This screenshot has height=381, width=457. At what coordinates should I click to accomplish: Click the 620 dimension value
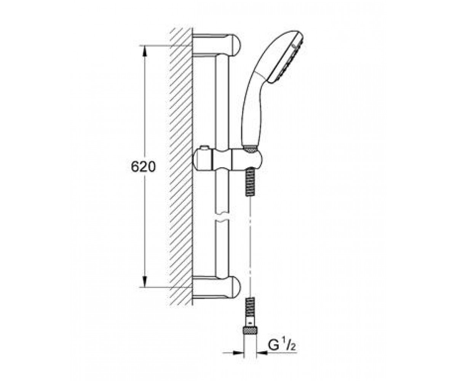(x=143, y=167)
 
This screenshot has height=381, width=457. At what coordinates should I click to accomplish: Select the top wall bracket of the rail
(x=216, y=45)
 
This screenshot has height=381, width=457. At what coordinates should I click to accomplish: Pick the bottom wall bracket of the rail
(x=216, y=288)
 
